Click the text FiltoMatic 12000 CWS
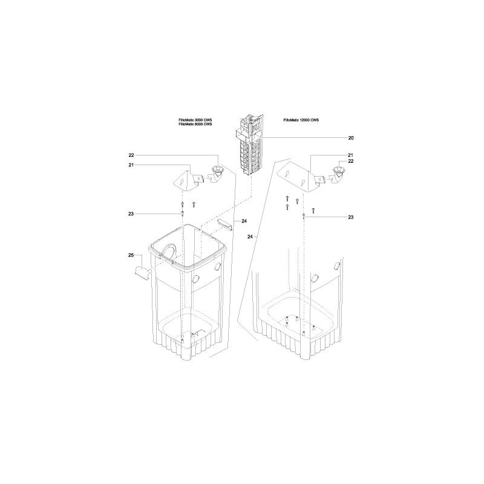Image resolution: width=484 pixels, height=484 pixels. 301,121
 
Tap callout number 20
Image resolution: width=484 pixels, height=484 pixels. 350,139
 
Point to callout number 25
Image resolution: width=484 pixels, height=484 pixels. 130,257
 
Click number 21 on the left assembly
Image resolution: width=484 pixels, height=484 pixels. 130,165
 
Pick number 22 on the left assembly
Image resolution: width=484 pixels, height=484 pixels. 130,155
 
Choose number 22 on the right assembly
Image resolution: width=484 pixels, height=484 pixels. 350,161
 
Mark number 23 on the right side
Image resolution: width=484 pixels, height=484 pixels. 350,217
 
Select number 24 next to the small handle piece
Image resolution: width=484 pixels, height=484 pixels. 244,221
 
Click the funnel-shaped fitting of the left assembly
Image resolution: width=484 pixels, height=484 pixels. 215,172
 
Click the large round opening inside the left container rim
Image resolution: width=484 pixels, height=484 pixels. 170,251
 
